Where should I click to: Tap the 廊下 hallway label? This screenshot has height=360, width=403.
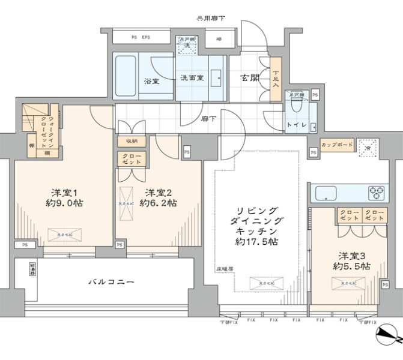click(x=209, y=119)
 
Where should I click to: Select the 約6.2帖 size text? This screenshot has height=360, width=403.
click(x=158, y=203)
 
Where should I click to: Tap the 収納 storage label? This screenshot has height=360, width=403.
click(x=131, y=141)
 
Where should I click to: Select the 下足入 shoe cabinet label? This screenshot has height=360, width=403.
click(x=276, y=78)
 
